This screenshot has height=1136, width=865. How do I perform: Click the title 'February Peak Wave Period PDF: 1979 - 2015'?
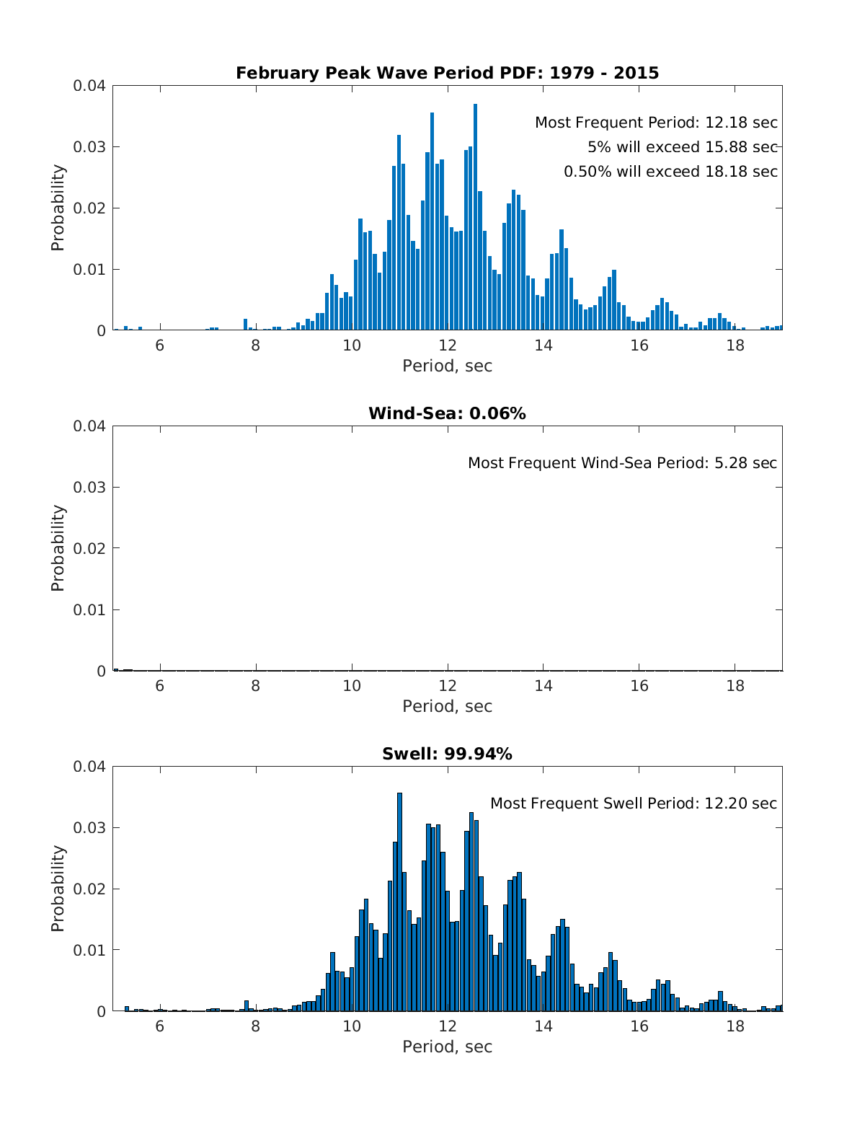[x=447, y=73]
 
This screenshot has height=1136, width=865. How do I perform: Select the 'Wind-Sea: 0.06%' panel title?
[x=447, y=413]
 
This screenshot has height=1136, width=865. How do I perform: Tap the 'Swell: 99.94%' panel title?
[x=447, y=754]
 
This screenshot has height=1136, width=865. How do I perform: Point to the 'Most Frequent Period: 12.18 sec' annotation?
[x=656, y=123]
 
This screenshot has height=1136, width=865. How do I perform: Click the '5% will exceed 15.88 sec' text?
[x=682, y=147]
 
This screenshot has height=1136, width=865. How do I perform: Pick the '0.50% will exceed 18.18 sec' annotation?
[x=670, y=172]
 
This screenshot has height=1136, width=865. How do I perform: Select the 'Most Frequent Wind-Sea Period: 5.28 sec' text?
[x=622, y=463]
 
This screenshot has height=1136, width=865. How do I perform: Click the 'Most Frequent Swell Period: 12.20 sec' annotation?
[x=634, y=803]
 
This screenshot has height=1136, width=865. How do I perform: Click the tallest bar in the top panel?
[x=475, y=216]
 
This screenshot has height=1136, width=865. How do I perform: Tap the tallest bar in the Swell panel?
[x=399, y=902]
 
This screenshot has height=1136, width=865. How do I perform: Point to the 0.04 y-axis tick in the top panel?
[x=89, y=86]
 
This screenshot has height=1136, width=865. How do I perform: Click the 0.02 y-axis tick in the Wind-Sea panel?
[x=89, y=548]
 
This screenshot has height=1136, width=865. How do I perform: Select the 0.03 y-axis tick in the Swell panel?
[x=89, y=827]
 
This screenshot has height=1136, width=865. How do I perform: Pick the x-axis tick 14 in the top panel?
[x=544, y=345]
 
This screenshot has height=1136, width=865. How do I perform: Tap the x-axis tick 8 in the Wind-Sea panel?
[x=256, y=685]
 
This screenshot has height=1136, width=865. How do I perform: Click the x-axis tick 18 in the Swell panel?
[x=735, y=1026]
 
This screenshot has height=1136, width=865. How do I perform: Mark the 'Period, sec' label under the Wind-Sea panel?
[x=447, y=706]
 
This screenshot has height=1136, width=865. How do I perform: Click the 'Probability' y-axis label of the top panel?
[x=58, y=208]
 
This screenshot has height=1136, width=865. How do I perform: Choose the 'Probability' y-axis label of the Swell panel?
[x=58, y=889]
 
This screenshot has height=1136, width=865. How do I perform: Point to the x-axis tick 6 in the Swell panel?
[x=160, y=1026]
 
